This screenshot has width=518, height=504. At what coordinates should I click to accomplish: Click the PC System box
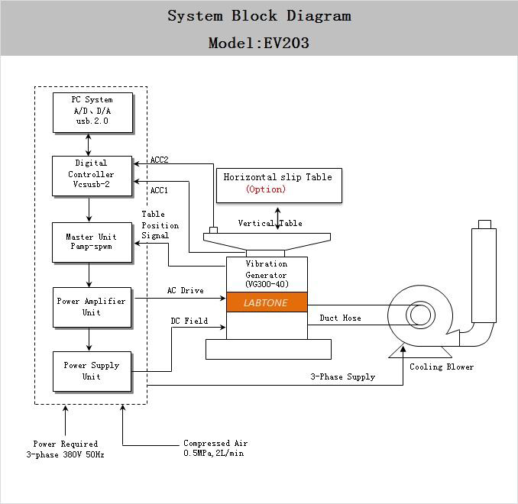pos(92,111)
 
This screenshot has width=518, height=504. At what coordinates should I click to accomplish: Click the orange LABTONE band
pos(267,302)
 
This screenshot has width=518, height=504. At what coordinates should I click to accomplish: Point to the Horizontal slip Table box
pos(278,186)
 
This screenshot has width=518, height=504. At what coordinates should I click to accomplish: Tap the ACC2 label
pos(159,160)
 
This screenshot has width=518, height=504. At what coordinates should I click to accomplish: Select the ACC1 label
pos(159,190)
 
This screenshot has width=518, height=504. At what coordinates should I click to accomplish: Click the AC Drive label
pos(185,291)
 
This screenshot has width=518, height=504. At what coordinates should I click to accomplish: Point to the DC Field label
pos(189,321)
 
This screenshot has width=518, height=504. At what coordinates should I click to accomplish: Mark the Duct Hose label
pos(340,318)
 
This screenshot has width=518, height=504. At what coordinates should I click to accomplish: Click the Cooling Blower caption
pos(442,367)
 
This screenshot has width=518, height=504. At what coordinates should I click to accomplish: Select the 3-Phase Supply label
pos(342,376)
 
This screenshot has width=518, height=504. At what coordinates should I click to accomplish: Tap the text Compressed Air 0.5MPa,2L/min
pos(215,448)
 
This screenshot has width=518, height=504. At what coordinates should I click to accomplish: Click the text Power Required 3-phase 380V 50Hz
pos(65,449)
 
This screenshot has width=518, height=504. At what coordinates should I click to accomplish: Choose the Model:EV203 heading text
pos(259,43)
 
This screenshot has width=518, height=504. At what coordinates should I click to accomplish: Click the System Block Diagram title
pos(259,16)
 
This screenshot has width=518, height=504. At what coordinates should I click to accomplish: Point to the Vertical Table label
pos(270,223)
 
